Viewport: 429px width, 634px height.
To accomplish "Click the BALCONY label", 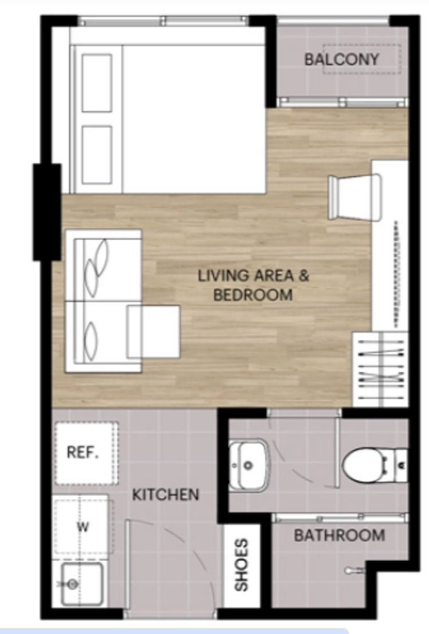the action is pyautogui.click(x=341, y=60).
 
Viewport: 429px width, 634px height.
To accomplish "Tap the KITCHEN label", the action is pyautogui.click(x=166, y=494).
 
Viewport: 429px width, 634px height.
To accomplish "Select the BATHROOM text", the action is pyautogui.click(x=339, y=536).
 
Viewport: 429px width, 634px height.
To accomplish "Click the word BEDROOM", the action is pyautogui.click(x=253, y=294).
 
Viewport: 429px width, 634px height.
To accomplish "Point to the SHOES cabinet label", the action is pyautogui.click(x=241, y=564).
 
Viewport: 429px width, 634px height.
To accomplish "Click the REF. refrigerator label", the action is pyautogui.click(x=82, y=452).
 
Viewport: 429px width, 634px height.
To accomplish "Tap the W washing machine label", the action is pyautogui.click(x=82, y=527).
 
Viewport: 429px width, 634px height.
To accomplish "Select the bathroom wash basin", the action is pyautogui.click(x=249, y=465).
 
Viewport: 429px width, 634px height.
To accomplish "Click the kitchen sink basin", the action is pyautogui.click(x=82, y=584).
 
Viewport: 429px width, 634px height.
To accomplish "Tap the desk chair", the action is pyautogui.click(x=355, y=197).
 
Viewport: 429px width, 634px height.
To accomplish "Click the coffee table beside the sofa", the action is pyautogui.click(x=153, y=331).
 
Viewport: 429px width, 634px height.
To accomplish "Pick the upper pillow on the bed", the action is pyautogui.click(x=97, y=83).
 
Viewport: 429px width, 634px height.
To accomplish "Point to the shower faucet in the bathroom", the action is pyautogui.click(x=355, y=570).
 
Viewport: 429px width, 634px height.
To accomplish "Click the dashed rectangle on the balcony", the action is pyautogui.click(x=362, y=59).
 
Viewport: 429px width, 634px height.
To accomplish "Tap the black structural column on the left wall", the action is pyautogui.click(x=47, y=212).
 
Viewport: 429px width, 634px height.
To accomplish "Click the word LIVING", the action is pyautogui.click(x=223, y=276).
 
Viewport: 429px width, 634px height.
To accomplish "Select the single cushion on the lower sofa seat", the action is pyautogui.click(x=91, y=338).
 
